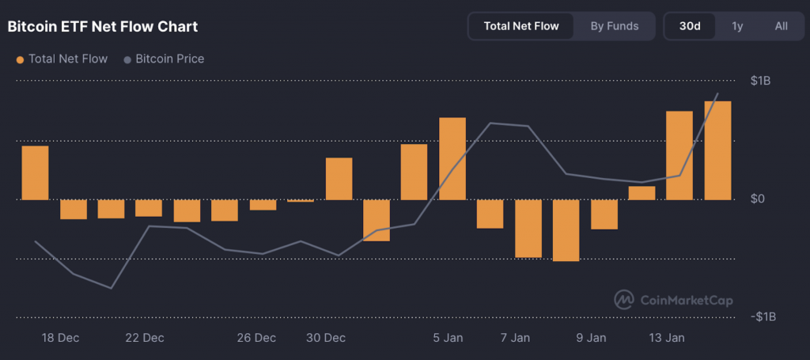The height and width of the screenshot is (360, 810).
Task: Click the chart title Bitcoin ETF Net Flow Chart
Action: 103,27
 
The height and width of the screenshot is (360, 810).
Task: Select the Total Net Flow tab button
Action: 520,26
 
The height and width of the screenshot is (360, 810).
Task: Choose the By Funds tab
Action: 614,26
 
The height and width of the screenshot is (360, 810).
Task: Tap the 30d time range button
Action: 690,26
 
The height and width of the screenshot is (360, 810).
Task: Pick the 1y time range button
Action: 737,26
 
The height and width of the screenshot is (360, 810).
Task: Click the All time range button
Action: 781,26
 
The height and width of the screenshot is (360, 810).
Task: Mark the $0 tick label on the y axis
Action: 758,199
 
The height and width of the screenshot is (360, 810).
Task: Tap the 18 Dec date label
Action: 60,338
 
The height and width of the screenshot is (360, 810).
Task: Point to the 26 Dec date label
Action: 256,338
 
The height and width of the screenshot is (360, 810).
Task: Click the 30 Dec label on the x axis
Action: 326,338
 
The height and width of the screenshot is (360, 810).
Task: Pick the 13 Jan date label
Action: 666,338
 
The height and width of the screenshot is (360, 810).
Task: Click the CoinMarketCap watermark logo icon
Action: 624,300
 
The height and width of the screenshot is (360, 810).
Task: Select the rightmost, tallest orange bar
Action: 717,150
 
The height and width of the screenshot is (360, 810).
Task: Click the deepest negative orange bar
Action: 566,229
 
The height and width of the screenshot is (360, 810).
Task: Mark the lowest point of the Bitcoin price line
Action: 111,288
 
